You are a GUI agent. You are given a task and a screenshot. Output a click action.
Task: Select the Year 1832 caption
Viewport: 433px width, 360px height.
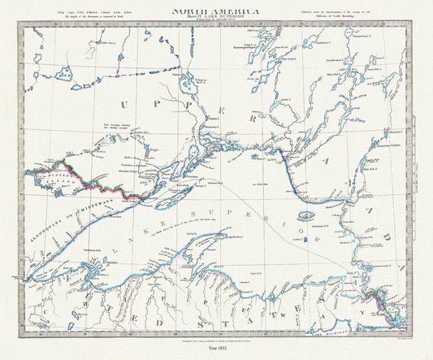tap(216, 349)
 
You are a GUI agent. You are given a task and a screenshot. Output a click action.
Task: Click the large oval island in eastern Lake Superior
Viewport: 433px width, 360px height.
tap(306, 217)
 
